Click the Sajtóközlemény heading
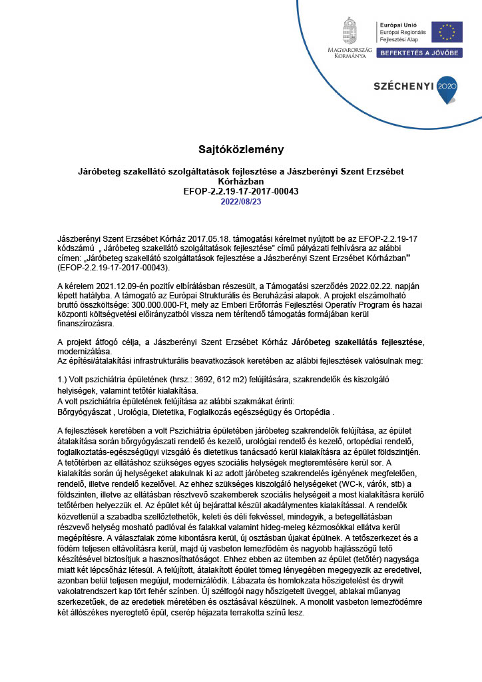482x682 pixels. tap(240, 149)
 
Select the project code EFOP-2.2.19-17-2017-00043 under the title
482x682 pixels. tap(240, 191)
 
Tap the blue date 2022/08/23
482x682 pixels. tap(240, 201)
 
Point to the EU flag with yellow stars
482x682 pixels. tap(446, 32)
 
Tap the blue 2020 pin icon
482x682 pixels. tap(447, 88)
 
